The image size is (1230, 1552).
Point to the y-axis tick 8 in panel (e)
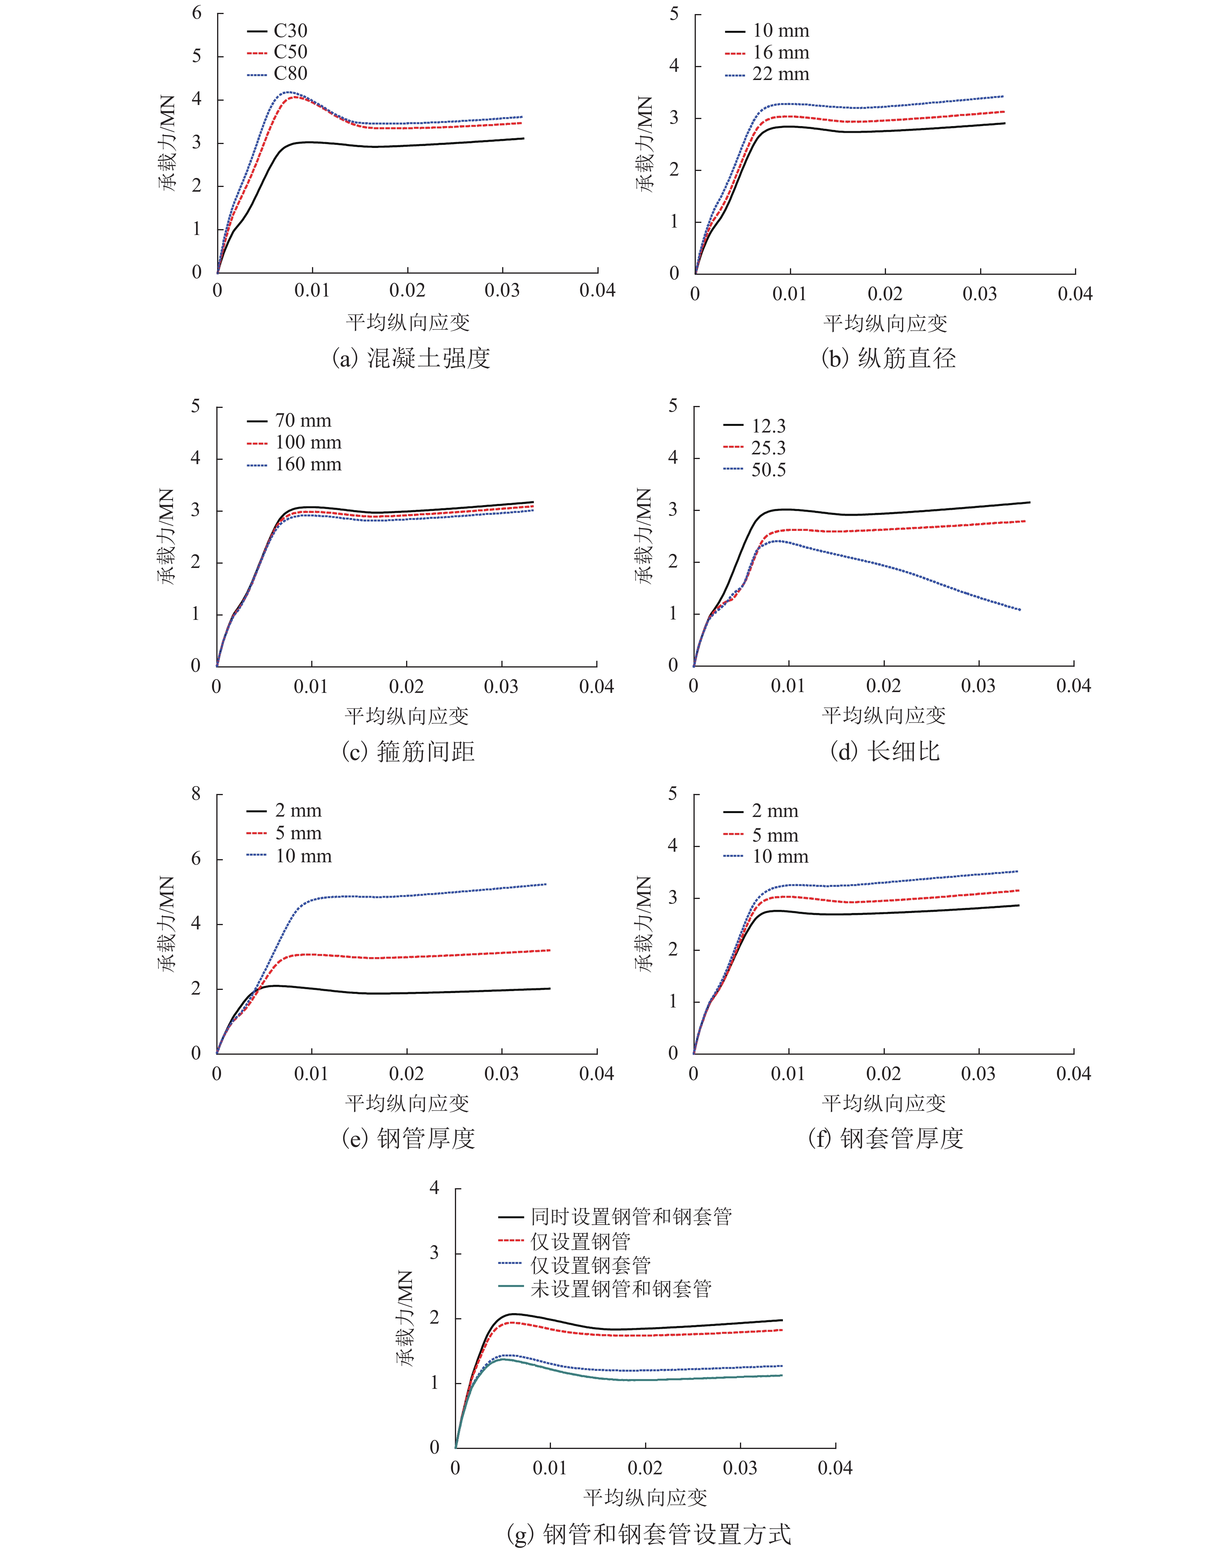196,794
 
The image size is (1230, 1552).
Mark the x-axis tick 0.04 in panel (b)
1075,294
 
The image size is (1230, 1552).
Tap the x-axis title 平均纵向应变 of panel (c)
407,715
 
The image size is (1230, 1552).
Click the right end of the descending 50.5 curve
1020,610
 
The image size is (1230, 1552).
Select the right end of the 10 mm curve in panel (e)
546,884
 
